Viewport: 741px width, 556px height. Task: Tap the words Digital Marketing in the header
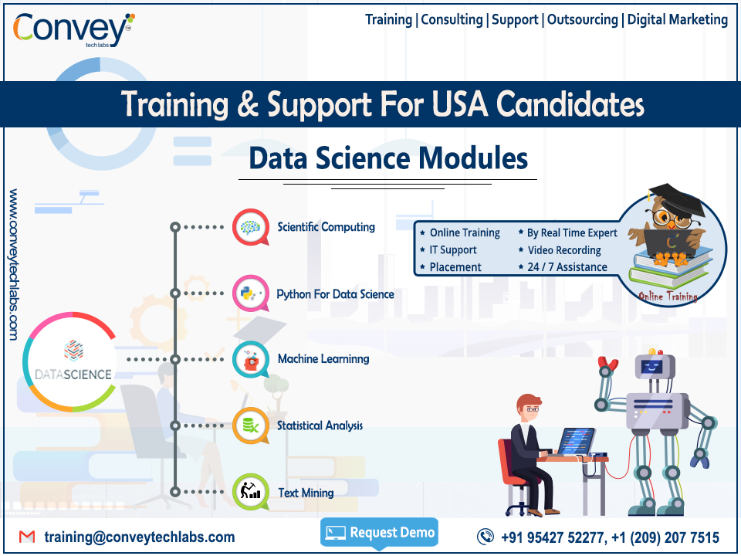click(677, 19)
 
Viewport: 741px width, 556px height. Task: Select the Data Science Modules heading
click(388, 159)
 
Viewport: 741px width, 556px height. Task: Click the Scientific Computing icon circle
click(250, 227)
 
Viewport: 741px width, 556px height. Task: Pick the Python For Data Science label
click(335, 294)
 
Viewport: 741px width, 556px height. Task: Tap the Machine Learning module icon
click(250, 359)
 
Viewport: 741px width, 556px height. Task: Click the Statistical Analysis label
click(320, 425)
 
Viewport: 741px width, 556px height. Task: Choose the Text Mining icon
click(250, 492)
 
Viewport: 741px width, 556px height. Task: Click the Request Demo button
click(379, 532)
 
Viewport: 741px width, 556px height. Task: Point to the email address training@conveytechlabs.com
click(139, 537)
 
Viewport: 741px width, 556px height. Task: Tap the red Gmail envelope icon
click(27, 537)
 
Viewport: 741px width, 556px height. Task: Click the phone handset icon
click(486, 537)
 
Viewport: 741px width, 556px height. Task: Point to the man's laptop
click(575, 442)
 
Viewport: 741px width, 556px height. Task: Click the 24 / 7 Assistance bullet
click(567, 267)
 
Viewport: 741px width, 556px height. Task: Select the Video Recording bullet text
click(564, 250)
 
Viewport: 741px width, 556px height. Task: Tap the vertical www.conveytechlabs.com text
click(14, 263)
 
